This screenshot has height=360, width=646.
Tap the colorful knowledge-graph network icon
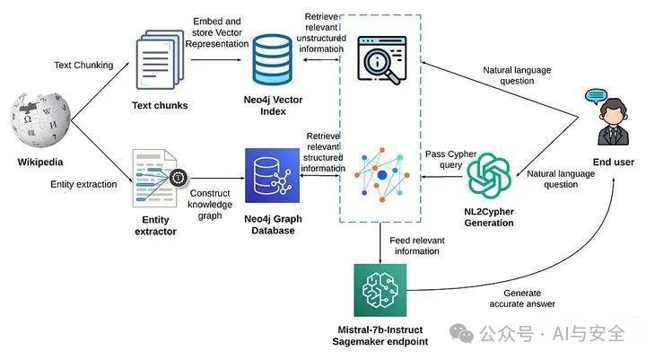coord(381,172)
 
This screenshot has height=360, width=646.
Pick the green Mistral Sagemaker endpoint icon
coord(383,290)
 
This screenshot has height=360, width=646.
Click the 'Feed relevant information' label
coord(418,247)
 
